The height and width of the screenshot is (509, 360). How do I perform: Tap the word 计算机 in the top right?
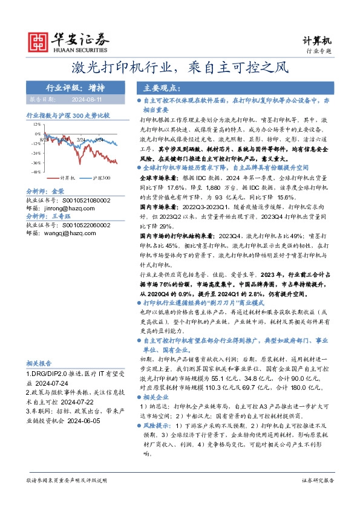click(x=317, y=41)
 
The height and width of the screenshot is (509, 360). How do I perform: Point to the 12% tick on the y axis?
click(x=37, y=124)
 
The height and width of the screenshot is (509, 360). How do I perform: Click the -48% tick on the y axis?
click(x=36, y=172)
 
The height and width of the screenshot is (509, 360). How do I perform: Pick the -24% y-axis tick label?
click(x=36, y=153)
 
